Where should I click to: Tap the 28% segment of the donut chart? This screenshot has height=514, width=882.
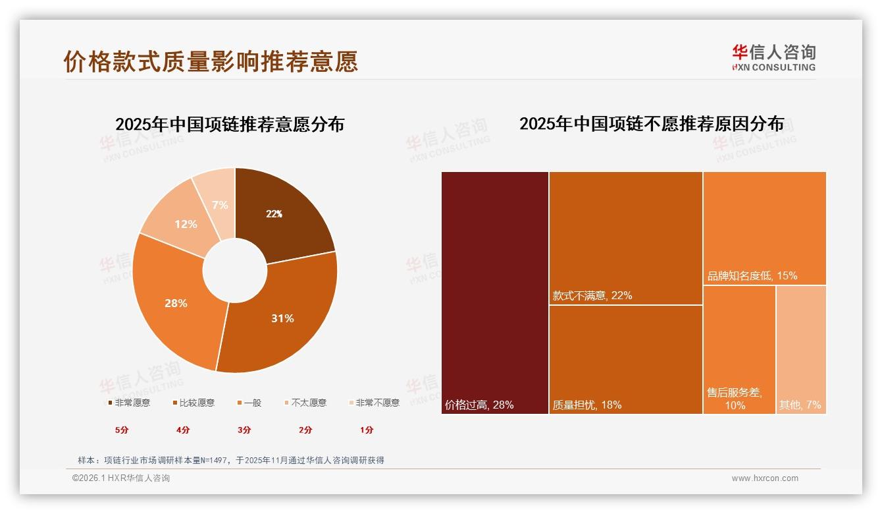176,303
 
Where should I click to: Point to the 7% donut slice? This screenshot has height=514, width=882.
219,204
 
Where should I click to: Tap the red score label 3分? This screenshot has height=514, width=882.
244,430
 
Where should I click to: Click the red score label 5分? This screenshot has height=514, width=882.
122,430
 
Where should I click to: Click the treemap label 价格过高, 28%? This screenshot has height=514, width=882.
479,405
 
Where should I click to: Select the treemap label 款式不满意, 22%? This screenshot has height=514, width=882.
592,295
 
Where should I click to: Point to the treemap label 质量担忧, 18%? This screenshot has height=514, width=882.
587,405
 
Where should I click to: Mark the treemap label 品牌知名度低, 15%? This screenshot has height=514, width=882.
752,275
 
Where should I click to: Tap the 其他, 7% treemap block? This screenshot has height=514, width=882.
801,349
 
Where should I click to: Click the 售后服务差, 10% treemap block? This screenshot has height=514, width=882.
739,349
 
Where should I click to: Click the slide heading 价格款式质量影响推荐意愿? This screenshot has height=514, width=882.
211,61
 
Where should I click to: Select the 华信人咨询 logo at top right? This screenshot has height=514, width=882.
773,57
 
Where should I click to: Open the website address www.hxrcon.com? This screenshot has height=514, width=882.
765,478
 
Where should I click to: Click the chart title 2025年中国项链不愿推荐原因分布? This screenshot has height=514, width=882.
652,124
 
